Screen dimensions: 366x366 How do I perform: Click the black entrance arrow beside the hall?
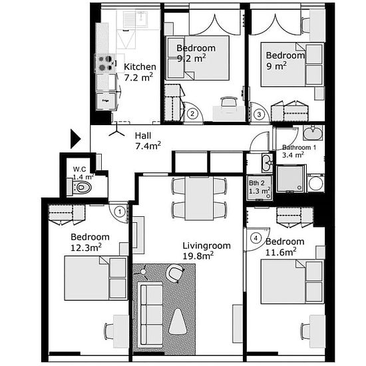click(75, 139)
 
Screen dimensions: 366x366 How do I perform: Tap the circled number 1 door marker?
click(120, 212)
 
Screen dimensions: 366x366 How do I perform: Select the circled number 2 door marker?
click(192, 114)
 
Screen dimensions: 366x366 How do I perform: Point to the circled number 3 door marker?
click(259, 114)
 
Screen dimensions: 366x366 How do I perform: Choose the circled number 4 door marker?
click(256, 238)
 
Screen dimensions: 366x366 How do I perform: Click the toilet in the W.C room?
click(79, 187)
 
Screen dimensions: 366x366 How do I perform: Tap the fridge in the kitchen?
click(106, 101)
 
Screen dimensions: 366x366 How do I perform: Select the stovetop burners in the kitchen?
click(105, 63)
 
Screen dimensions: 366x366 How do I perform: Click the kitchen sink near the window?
click(135, 19)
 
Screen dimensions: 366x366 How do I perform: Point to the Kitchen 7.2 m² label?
click(140, 72)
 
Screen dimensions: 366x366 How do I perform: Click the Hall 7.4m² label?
click(148, 141)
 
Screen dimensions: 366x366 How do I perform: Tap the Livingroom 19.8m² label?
click(206, 251)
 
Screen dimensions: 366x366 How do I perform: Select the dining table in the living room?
click(199, 198)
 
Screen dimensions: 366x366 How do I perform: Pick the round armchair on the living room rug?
click(174, 273)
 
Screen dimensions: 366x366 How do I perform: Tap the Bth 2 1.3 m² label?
click(259, 187)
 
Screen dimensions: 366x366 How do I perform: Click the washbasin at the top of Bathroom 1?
click(313, 133)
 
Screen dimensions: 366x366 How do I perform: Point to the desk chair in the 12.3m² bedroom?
click(108, 331)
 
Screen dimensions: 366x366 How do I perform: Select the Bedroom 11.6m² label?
click(285, 247)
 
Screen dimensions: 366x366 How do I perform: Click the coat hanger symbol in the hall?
click(116, 132)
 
